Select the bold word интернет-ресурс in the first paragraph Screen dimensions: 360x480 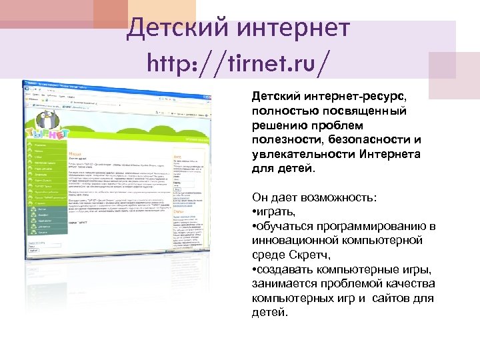[347, 97]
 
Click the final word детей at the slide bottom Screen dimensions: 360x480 [269, 311]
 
